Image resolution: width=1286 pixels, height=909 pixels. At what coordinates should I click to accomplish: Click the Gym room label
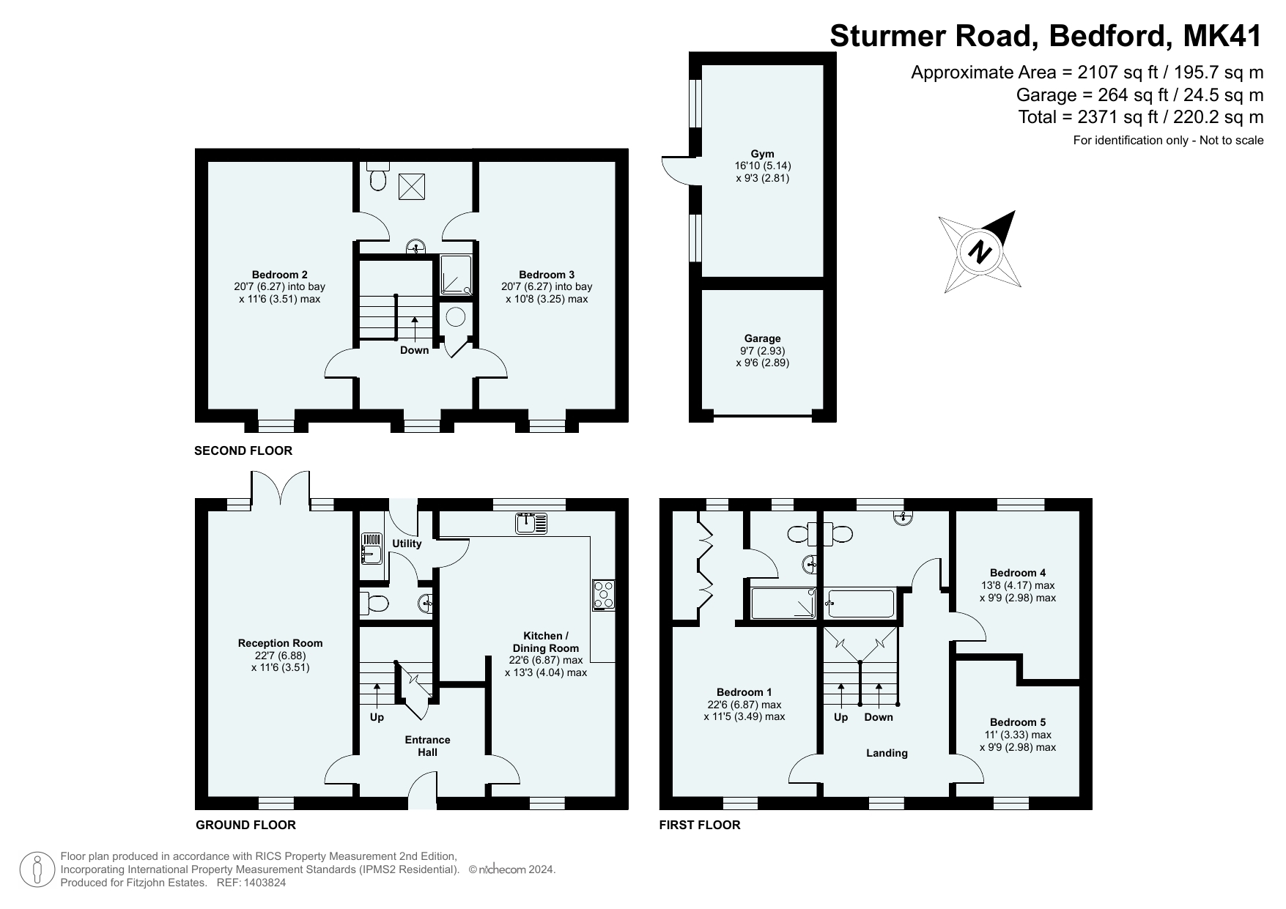pyautogui.click(x=762, y=154)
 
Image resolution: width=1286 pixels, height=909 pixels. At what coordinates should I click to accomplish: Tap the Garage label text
pyautogui.click(x=762, y=338)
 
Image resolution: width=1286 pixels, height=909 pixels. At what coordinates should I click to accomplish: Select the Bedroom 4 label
pyautogui.click(x=1018, y=573)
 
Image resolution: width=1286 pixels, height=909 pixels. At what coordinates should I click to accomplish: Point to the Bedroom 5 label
pyautogui.click(x=1018, y=722)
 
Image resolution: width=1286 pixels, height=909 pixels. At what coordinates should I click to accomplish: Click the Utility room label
pyautogui.click(x=407, y=543)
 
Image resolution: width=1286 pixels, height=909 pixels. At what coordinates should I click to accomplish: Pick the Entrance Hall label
pyautogui.click(x=427, y=746)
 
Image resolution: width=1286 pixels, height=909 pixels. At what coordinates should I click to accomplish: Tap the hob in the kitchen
pyautogui.click(x=605, y=595)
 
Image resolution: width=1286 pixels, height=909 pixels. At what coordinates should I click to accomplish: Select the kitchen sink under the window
pyautogui.click(x=532, y=523)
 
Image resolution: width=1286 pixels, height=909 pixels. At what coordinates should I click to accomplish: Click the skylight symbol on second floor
pyautogui.click(x=411, y=187)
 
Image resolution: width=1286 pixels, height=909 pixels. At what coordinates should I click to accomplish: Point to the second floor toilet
pyautogui.click(x=378, y=176)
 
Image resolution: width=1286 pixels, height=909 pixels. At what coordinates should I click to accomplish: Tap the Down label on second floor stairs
pyautogui.click(x=414, y=350)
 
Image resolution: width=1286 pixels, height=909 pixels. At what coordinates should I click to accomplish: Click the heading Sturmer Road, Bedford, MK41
pyautogui.click(x=1046, y=35)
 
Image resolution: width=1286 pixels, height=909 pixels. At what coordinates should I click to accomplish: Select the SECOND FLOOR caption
pyautogui.click(x=243, y=450)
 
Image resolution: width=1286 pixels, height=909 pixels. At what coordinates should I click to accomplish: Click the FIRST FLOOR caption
pyautogui.click(x=700, y=825)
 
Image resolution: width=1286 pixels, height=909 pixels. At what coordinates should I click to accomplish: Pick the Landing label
pyautogui.click(x=887, y=753)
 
